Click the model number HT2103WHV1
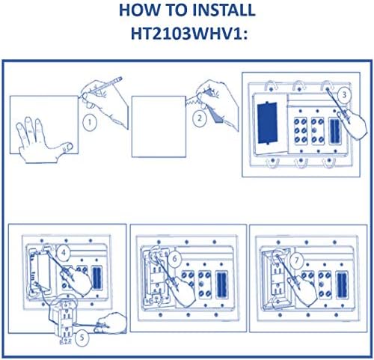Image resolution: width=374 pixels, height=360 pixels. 186,33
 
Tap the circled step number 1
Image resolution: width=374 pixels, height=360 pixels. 89,123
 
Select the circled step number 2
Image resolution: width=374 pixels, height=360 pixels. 200,118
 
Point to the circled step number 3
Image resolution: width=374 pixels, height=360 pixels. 344,95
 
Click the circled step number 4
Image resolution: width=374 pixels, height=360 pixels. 64,253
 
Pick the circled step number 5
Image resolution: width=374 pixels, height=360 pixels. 82,338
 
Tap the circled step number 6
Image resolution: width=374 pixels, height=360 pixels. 174,259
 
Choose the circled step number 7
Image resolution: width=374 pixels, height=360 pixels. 296,260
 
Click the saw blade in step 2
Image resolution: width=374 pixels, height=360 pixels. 194,100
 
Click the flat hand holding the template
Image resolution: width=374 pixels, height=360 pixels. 43,141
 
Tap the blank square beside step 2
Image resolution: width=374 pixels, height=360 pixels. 159,126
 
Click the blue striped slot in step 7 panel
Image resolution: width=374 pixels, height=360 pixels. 342,285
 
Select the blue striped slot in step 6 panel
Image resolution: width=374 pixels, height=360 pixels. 221,284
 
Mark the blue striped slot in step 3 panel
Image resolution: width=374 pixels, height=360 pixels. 334,131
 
